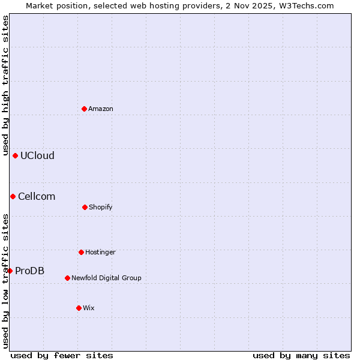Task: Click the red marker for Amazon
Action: (x=84, y=109)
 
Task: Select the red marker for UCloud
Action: (x=15, y=155)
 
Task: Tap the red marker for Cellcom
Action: (x=13, y=196)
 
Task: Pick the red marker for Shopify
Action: (x=85, y=207)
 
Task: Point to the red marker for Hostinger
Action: (x=81, y=252)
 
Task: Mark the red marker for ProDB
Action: (x=10, y=271)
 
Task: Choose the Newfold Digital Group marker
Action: (x=67, y=278)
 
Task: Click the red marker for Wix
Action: (x=79, y=308)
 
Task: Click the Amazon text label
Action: (x=101, y=109)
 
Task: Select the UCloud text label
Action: (x=37, y=155)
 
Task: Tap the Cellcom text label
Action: (x=37, y=196)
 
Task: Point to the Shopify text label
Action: (x=101, y=207)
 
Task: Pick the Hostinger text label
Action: (x=100, y=252)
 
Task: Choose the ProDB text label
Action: (x=29, y=271)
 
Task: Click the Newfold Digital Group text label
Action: (x=106, y=278)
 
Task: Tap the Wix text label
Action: (x=89, y=308)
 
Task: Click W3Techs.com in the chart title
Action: (x=308, y=5)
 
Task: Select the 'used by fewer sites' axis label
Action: (x=62, y=355)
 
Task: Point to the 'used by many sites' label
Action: (x=301, y=355)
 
